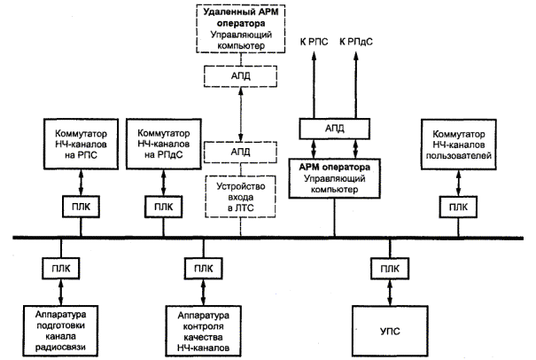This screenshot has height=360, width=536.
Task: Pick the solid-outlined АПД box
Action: coord(335,129)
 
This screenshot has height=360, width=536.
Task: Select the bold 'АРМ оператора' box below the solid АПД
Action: coord(335,176)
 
